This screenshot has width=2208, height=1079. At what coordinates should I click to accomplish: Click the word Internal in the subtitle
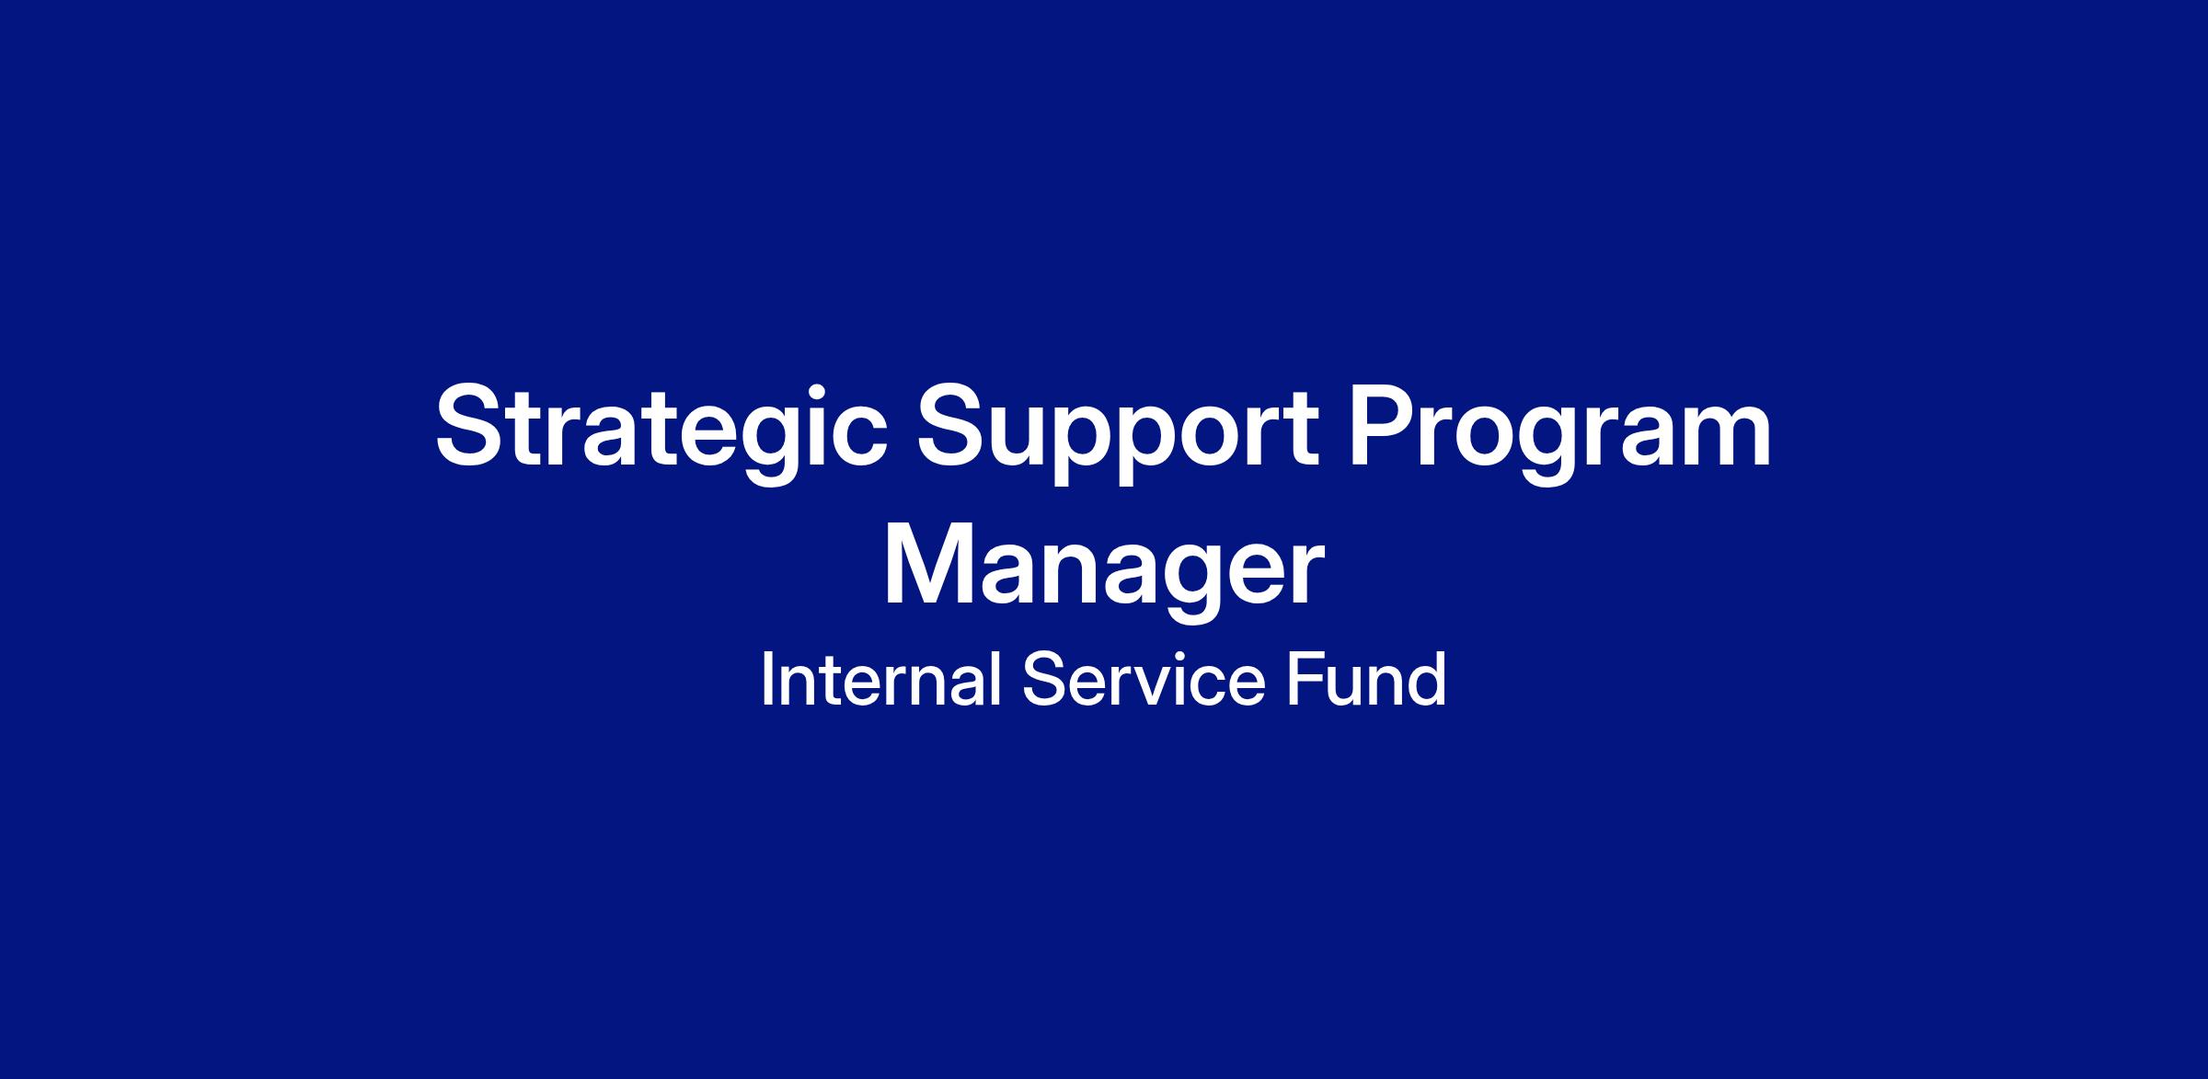coord(881,680)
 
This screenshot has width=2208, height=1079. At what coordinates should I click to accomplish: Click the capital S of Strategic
coord(473,424)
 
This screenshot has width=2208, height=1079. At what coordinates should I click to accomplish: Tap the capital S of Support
coord(955,424)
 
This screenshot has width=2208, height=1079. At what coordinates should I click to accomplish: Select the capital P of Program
coord(1385,424)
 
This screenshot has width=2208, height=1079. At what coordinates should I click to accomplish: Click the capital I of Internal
coord(766,680)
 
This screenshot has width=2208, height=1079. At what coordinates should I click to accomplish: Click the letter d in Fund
coord(1425,680)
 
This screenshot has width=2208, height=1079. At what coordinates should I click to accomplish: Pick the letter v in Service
coord(1154,687)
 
